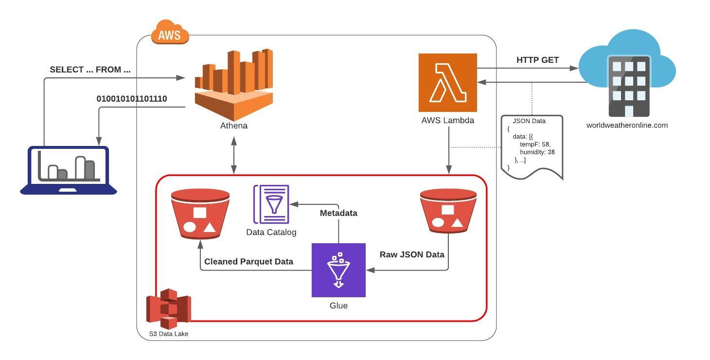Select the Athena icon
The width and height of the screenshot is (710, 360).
234,84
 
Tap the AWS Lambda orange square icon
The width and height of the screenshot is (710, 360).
447,83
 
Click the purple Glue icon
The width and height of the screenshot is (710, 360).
338,270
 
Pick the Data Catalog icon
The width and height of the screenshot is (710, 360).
271,204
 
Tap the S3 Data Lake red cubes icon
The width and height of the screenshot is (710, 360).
168,308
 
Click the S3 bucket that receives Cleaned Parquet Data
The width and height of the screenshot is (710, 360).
200,214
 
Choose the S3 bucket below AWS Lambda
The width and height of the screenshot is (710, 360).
448,211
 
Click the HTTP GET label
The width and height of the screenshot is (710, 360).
537,60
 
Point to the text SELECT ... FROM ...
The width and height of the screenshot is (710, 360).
90,70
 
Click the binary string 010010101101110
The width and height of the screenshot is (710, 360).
132,99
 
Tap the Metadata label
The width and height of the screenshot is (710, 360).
338,213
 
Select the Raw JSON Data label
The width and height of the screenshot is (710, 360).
412,254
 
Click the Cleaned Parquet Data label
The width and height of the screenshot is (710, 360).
248,262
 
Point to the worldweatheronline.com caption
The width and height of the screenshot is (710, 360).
627,125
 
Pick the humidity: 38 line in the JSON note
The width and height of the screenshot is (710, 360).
537,152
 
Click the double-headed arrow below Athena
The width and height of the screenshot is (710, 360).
234,155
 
